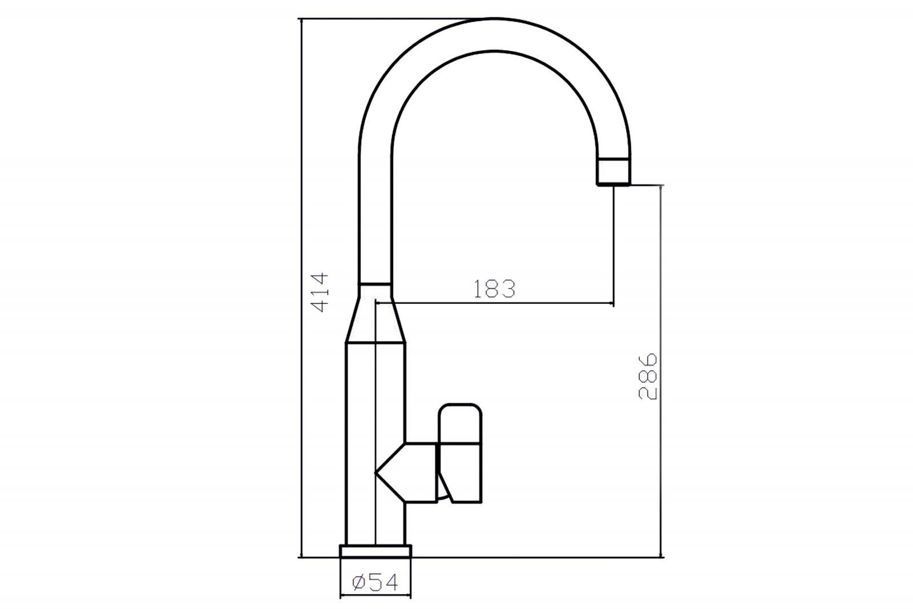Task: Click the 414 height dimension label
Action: point(320,293)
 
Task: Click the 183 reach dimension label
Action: point(494,289)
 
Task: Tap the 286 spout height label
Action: point(648,376)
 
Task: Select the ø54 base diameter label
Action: point(375,583)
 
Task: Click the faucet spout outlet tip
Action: point(613,172)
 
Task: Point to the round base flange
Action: point(375,551)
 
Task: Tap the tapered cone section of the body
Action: point(375,319)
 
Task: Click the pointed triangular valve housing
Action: point(406,472)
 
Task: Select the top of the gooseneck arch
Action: point(494,35)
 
